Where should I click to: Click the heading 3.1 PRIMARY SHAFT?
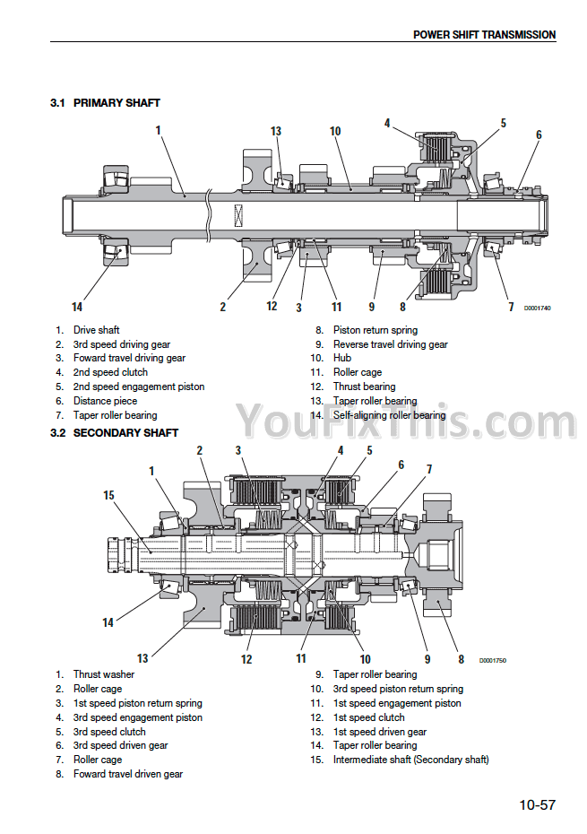105,102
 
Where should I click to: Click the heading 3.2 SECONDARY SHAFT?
115,433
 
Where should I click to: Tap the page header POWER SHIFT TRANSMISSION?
484,35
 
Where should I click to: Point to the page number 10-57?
537,804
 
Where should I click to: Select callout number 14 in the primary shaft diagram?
77,307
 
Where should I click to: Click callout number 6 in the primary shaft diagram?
539,135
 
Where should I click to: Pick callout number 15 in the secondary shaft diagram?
108,495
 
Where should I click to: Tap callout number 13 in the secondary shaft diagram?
142,658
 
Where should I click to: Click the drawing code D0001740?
538,308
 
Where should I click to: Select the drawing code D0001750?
493,661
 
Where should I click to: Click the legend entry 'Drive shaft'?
96,330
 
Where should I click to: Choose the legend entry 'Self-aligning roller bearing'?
389,415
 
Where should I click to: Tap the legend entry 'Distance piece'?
105,401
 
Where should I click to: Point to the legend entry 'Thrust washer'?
104,674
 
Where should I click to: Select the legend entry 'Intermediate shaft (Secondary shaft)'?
411,760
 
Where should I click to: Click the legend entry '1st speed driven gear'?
380,732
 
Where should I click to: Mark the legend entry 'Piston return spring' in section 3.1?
376,330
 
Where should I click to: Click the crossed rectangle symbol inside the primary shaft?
238,215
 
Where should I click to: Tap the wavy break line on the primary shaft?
208,214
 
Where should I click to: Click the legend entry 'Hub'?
342,358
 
